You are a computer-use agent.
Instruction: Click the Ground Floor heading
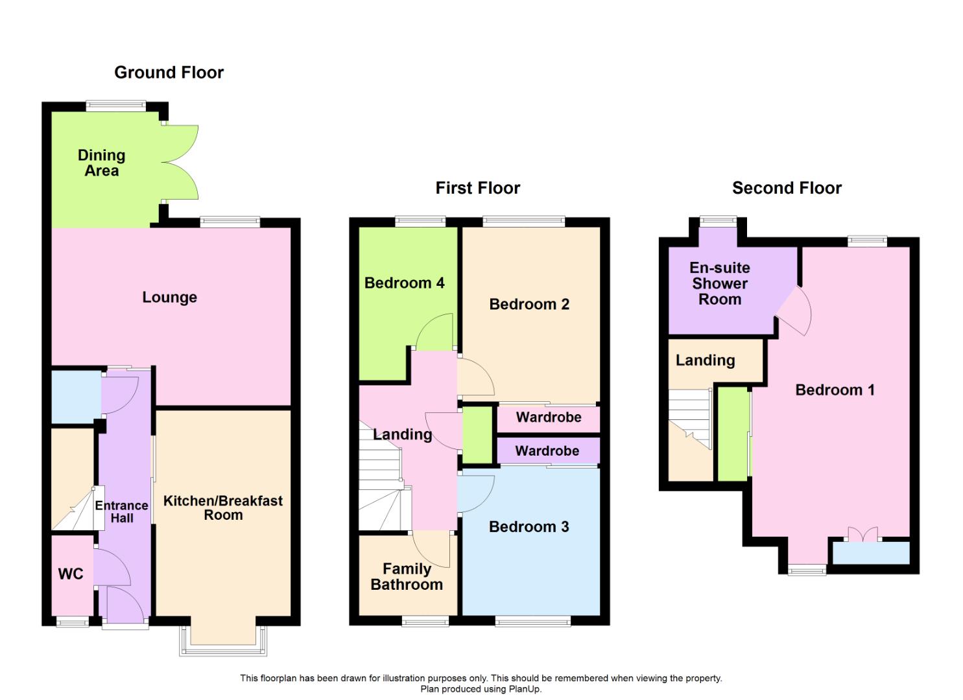pyautogui.click(x=169, y=73)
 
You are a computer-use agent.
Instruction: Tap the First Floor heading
pyautogui.click(x=477, y=188)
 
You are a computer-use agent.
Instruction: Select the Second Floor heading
pyautogui.click(x=787, y=188)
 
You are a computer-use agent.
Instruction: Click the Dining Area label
pyautogui.click(x=101, y=163)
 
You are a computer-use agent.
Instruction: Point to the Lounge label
pyautogui.click(x=169, y=297)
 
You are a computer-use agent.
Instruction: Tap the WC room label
pyautogui.click(x=71, y=574)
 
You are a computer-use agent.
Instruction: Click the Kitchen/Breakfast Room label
pyautogui.click(x=222, y=507)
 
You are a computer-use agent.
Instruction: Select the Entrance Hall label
pyautogui.click(x=121, y=511)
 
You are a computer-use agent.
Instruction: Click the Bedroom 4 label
pyautogui.click(x=404, y=283)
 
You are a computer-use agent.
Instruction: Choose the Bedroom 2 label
pyautogui.click(x=529, y=304)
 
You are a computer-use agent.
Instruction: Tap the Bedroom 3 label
pyautogui.click(x=529, y=526)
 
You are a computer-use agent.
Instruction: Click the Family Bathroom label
pyautogui.click(x=407, y=576)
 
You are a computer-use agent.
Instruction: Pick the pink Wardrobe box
pyautogui.click(x=549, y=417)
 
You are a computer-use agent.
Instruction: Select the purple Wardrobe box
pyautogui.click(x=547, y=451)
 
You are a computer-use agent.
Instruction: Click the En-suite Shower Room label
pyautogui.click(x=719, y=283)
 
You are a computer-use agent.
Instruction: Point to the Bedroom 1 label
pyautogui.click(x=835, y=390)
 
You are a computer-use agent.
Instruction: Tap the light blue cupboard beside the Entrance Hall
pyautogui.click(x=75, y=395)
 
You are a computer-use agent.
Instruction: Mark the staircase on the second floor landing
pyautogui.click(x=690, y=418)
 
